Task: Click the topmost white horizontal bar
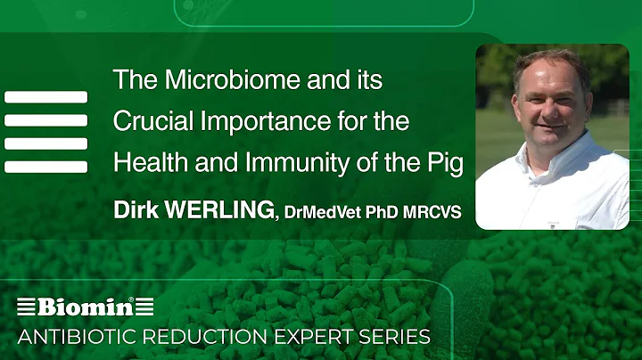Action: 45,96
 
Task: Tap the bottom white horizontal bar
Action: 45,167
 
